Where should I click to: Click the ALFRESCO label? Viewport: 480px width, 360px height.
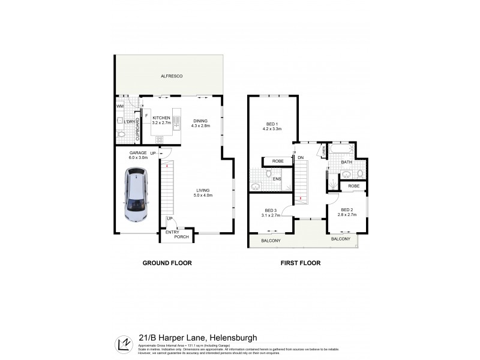[x=171, y=76]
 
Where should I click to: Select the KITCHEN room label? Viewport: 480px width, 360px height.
[x=161, y=118]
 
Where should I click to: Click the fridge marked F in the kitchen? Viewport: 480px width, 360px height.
[x=146, y=115]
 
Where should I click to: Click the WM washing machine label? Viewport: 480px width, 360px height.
[x=119, y=107]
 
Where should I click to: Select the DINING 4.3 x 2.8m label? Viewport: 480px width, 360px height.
[x=200, y=123]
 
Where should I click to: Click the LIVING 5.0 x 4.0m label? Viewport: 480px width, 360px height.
[x=203, y=193]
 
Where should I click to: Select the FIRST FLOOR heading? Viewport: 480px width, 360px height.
[x=301, y=263]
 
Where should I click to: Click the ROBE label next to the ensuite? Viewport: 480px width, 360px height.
[x=277, y=161]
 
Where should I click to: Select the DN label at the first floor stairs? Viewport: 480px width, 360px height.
[x=301, y=158]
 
